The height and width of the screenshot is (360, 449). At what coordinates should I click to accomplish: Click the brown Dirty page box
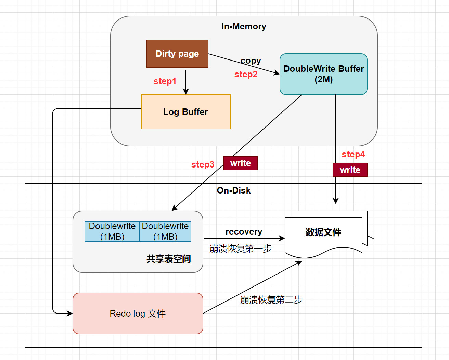[x=177, y=54]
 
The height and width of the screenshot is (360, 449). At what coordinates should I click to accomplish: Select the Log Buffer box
[x=185, y=112]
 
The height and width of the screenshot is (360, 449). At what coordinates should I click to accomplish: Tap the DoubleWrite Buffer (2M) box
[x=323, y=74]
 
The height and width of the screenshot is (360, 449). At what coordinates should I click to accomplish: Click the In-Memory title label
[x=244, y=26]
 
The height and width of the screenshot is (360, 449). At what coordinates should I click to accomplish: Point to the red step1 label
[x=165, y=81]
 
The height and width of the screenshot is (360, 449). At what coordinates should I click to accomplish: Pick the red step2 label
[x=246, y=74]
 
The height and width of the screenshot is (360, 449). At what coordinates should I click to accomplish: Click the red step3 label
[x=203, y=164]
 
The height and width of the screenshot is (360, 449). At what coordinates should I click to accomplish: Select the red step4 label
[x=353, y=154]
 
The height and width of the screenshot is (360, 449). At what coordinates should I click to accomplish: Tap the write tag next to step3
[x=241, y=163]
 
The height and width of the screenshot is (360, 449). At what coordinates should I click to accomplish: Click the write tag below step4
[x=350, y=170]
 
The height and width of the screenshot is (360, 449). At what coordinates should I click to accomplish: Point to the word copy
[x=251, y=61]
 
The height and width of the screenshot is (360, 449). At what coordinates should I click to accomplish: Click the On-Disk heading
[x=234, y=190]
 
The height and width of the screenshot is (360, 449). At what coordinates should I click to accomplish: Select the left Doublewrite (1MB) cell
[x=112, y=231]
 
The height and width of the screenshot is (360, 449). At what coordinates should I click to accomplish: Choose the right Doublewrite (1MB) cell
[x=165, y=231]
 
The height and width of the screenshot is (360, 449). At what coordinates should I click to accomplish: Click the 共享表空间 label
[x=168, y=259]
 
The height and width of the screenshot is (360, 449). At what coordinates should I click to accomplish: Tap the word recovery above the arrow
[x=244, y=231]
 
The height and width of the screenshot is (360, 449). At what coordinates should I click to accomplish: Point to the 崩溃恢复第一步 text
[x=240, y=249]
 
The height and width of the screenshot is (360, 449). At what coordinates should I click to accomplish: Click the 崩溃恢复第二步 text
[x=271, y=300]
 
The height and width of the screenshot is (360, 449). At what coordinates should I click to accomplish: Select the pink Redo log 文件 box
[x=138, y=314]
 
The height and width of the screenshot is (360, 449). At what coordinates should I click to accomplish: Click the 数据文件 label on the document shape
[x=323, y=232]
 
